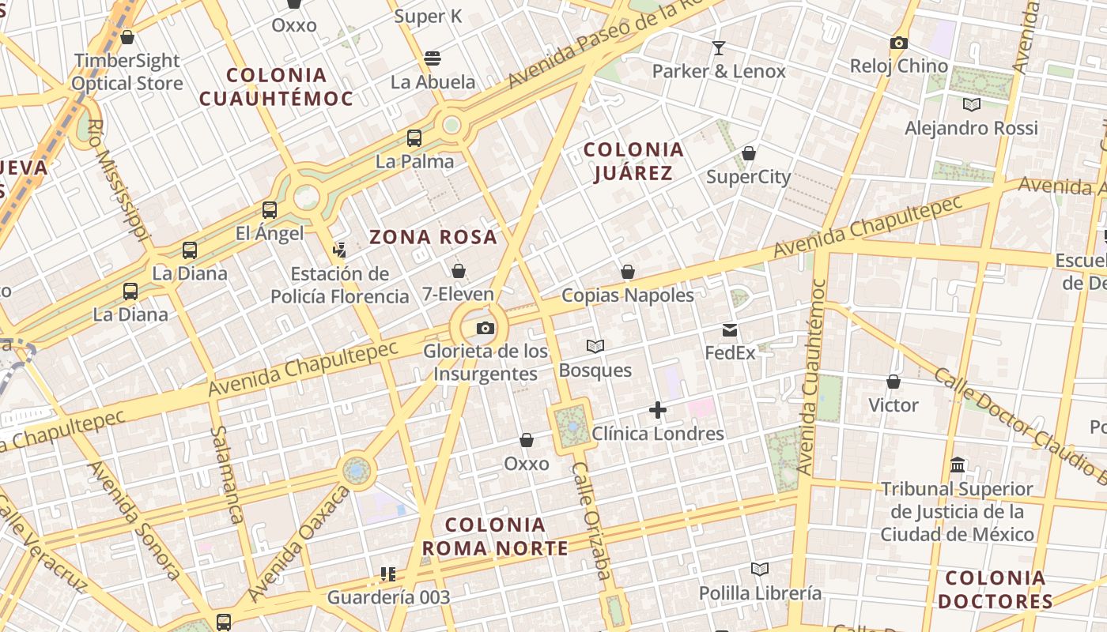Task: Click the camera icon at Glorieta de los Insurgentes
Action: click(485, 328)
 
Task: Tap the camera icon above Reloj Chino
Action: click(898, 43)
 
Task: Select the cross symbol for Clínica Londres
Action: click(657, 410)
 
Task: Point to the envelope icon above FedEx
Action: click(730, 330)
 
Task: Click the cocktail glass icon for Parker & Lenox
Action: click(718, 48)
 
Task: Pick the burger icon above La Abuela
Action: click(433, 58)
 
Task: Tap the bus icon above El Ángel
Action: click(270, 210)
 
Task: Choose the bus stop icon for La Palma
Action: click(414, 138)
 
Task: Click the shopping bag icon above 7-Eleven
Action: click(458, 271)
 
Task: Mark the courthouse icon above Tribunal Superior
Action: click(958, 465)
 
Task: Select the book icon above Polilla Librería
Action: click(760, 570)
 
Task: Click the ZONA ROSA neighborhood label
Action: click(433, 236)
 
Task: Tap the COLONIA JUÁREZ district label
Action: click(633, 161)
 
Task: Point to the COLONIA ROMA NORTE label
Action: click(495, 536)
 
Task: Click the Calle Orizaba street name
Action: click(591, 521)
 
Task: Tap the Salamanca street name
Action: click(227, 474)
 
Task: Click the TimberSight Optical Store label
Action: click(127, 72)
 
